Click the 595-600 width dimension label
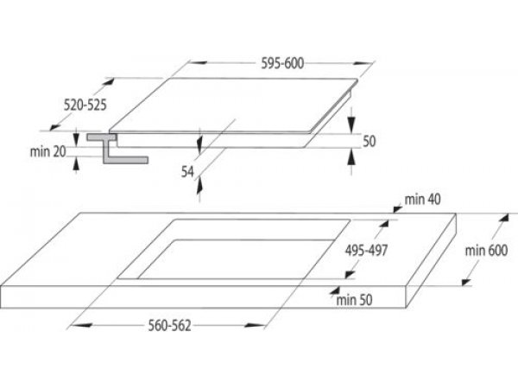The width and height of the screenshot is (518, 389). pyautogui.click(x=282, y=63)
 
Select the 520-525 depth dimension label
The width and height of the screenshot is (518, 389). pyautogui.click(x=85, y=105)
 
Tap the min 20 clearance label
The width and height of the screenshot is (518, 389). pyautogui.click(x=48, y=152)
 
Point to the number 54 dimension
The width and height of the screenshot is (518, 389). pyautogui.click(x=187, y=172)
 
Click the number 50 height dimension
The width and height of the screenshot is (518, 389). pyautogui.click(x=370, y=141)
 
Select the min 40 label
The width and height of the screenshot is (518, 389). pyautogui.click(x=422, y=200)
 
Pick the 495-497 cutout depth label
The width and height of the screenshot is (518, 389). pyautogui.click(x=366, y=251)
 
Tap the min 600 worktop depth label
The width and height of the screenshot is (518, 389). pyautogui.click(x=486, y=251)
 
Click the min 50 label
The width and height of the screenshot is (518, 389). pyautogui.click(x=354, y=300)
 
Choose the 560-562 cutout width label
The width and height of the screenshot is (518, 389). pyautogui.click(x=170, y=326)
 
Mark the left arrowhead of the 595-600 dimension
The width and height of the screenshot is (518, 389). pyautogui.click(x=199, y=62)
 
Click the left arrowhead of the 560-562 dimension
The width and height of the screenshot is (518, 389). pyautogui.click(x=81, y=326)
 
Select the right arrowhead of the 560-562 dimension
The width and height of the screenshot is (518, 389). pyautogui.click(x=254, y=326)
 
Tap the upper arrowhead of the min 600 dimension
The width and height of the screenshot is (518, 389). pyautogui.click(x=503, y=219)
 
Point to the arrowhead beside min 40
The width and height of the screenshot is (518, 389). pyautogui.click(x=398, y=208)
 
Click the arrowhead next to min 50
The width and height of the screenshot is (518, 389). pyautogui.click(x=335, y=290)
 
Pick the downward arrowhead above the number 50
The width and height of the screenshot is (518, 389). pyautogui.click(x=351, y=124)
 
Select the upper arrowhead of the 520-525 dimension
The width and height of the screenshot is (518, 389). pyautogui.click(x=109, y=82)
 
